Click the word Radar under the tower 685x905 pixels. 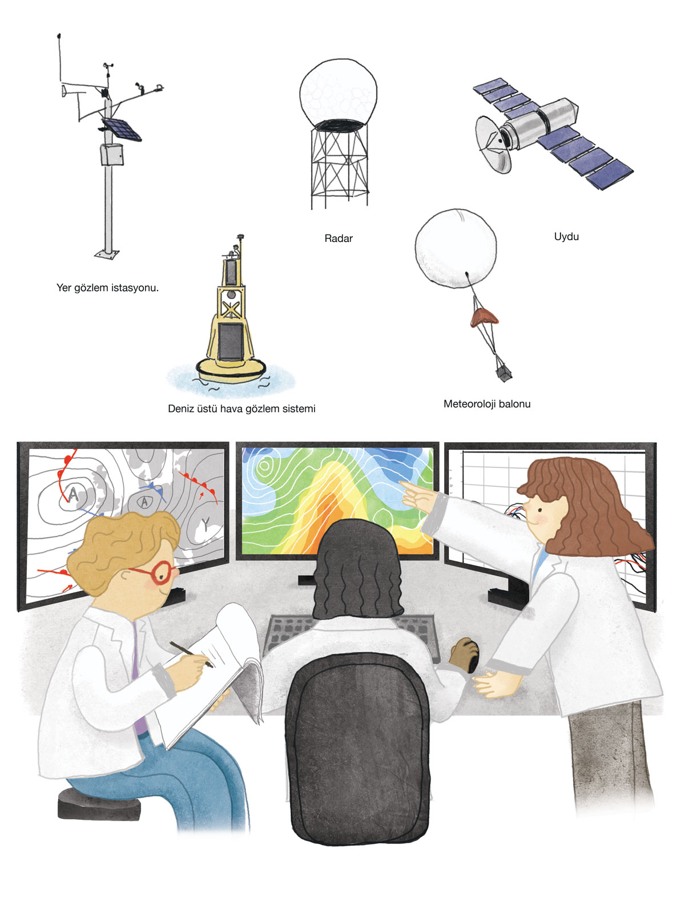pos(338,239)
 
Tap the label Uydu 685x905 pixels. pos(566,237)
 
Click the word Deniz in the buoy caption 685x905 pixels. pos(180,409)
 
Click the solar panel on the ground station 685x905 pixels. pos(122,129)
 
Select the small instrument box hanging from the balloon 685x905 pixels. pos(503,373)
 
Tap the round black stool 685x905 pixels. pos(99,803)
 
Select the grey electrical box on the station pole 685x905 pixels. pos(112,154)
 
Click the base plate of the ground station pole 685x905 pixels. pos(107,254)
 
